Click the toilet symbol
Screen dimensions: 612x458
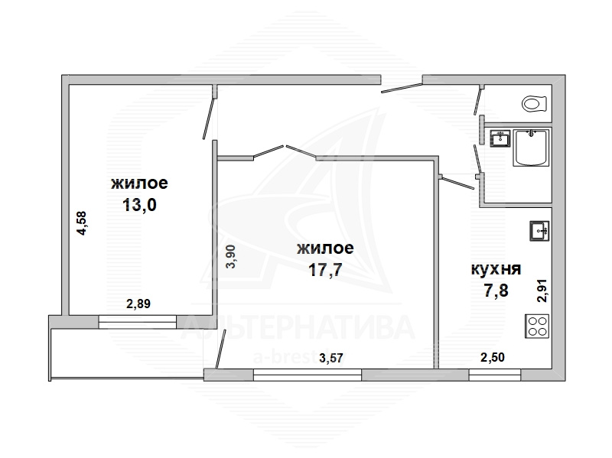click(x=533, y=104)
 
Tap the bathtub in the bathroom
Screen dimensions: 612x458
click(x=531, y=148)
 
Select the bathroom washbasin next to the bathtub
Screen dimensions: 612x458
click(x=500, y=138)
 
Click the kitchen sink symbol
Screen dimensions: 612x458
click(x=539, y=231)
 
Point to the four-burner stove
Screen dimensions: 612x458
click(x=537, y=326)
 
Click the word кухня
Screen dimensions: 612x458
click(x=496, y=269)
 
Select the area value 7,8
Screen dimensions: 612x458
click(x=496, y=291)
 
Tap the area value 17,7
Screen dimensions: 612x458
click(x=325, y=270)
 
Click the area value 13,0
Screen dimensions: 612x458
click(x=139, y=204)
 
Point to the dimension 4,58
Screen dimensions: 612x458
click(x=82, y=223)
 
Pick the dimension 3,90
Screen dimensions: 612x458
click(x=231, y=256)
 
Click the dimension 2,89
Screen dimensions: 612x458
click(x=138, y=304)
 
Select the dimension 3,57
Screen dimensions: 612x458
click(x=331, y=358)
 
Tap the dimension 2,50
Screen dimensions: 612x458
click(x=492, y=357)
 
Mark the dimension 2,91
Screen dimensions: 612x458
click(x=542, y=291)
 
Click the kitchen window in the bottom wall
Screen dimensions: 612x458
click(x=494, y=375)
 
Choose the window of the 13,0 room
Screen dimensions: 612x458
click(x=138, y=322)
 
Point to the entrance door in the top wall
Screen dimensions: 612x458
click(x=402, y=87)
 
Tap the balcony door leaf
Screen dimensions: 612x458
click(x=221, y=349)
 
